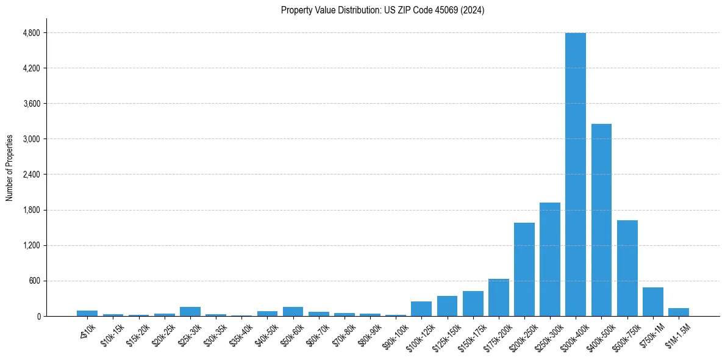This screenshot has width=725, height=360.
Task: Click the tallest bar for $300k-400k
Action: click(575, 175)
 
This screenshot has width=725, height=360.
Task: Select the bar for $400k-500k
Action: click(601, 220)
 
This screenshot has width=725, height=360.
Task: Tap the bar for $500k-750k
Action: click(627, 268)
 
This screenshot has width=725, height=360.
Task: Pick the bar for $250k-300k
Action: click(549, 259)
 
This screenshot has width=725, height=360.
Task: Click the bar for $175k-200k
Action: click(498, 298)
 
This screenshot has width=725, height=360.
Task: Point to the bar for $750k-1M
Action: click(652, 302)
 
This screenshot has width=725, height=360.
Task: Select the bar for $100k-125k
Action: click(421, 309)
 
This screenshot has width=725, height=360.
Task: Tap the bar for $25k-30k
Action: click(190, 312)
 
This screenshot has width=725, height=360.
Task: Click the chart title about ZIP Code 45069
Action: click(382, 10)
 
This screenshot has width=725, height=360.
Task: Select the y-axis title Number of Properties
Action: click(10, 168)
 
